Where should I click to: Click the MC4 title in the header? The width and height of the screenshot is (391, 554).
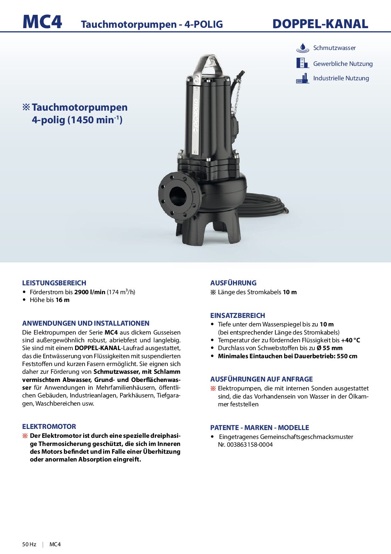tap(42, 22)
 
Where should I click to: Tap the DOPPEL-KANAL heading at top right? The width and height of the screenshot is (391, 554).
tap(320, 24)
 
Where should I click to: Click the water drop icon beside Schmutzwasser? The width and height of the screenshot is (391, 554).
tap(303, 48)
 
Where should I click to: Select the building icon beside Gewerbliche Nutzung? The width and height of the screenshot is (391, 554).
tap(302, 63)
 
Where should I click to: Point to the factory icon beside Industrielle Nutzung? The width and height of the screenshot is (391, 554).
tap(303, 78)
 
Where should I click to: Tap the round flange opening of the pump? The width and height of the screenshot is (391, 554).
tap(178, 196)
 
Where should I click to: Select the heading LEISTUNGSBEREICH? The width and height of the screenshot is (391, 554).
tap(54, 283)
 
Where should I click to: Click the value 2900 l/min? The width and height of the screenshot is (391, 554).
tap(90, 292)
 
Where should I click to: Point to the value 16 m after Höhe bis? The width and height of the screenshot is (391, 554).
tap(62, 300)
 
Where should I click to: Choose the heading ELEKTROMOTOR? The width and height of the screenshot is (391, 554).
tap(49, 427)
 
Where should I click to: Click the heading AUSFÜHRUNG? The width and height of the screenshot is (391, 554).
tap(233, 283)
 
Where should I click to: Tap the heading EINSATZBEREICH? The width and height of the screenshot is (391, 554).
tap(238, 316)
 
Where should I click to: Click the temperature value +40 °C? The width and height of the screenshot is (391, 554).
tap(350, 340)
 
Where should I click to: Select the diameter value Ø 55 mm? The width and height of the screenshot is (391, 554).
tap(329, 348)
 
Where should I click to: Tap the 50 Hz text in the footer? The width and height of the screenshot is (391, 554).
tap(29, 544)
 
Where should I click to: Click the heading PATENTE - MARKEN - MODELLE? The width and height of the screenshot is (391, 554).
tap(259, 428)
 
